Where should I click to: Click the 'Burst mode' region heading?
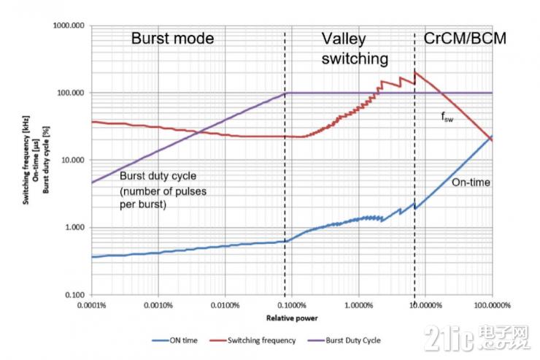(172, 38)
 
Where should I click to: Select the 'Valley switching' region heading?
(354, 47)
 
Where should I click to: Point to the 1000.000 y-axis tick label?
(71, 26)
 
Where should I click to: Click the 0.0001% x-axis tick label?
(92, 305)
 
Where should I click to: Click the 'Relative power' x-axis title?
(292, 318)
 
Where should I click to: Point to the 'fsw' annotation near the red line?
(448, 117)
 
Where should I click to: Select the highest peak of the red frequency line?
(415, 72)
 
